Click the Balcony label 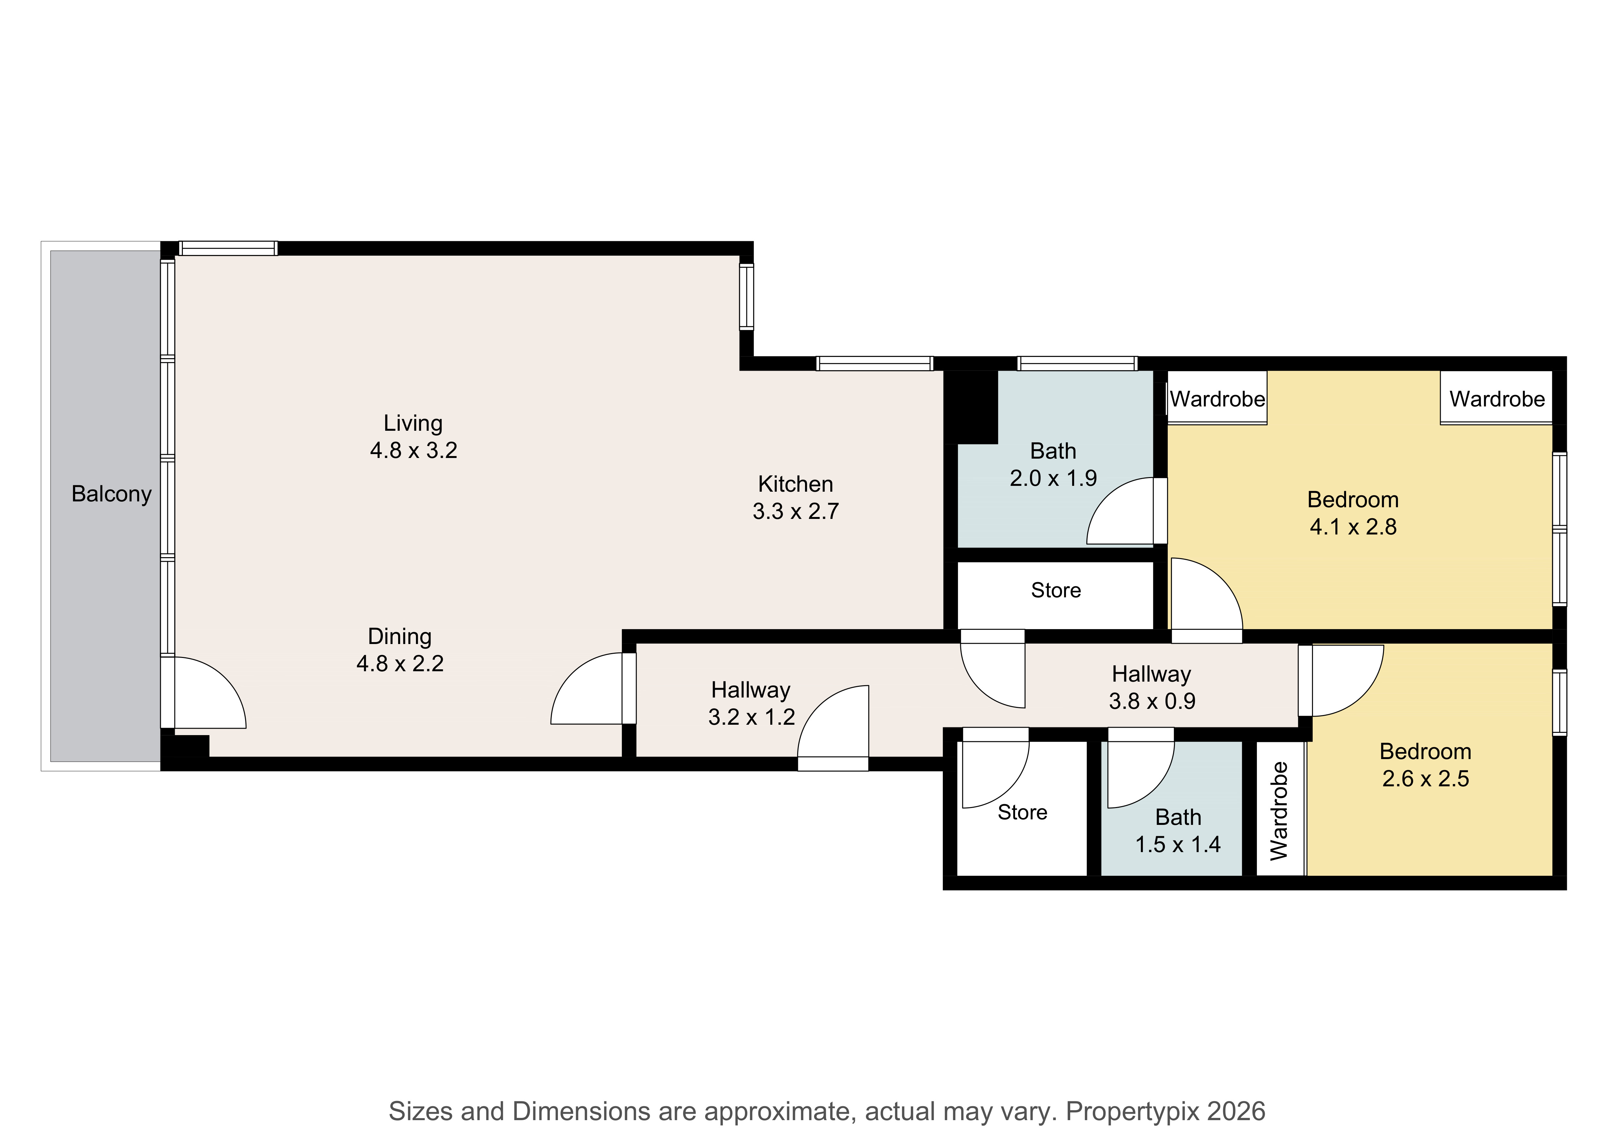(112, 494)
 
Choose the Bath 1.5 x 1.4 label (1178, 831)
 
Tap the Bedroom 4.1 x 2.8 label (1353, 513)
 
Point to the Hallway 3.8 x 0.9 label (1152, 687)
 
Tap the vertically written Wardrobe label (1280, 811)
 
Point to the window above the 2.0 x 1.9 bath (1077, 363)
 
